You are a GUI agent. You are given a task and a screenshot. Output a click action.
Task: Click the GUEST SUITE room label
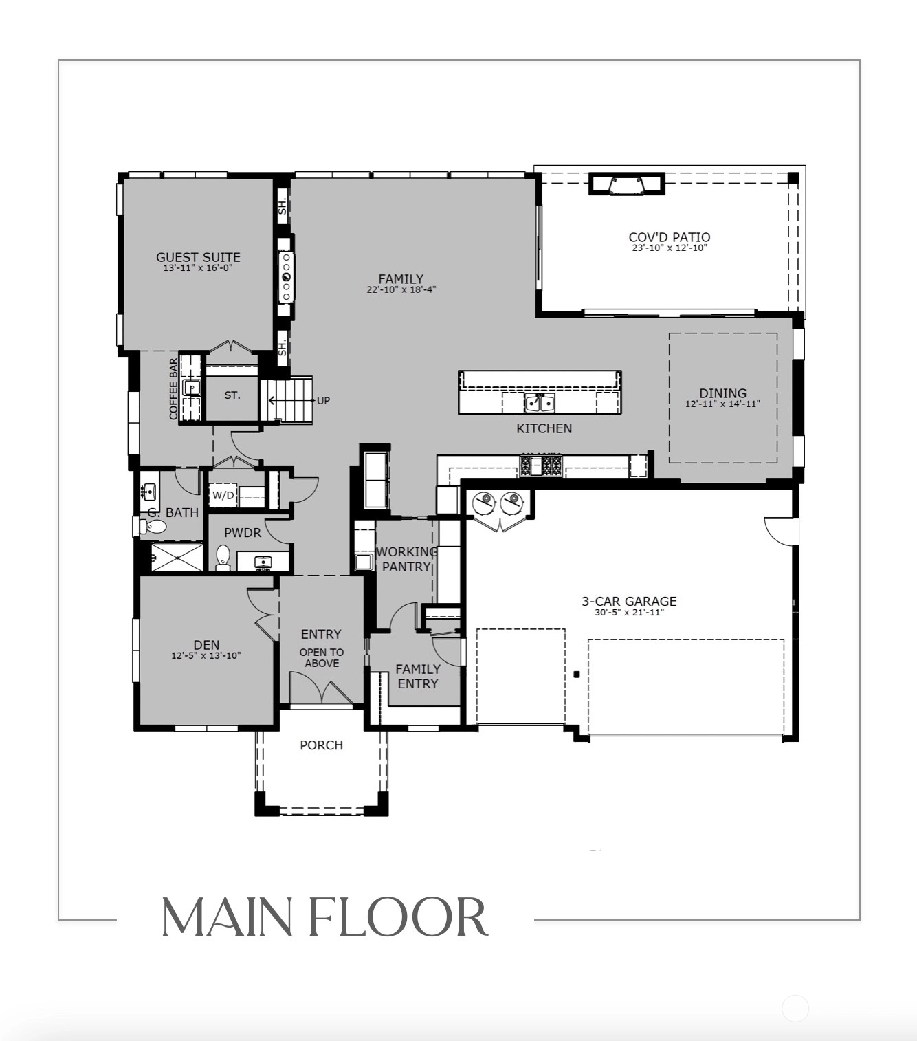tap(198, 257)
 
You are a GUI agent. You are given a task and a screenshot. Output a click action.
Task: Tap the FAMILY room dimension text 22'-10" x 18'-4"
tap(401, 289)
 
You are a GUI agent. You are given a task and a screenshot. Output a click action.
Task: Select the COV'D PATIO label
tap(670, 237)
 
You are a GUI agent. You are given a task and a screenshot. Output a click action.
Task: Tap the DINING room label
tap(723, 393)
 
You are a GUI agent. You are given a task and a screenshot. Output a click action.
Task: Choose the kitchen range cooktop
tap(541, 465)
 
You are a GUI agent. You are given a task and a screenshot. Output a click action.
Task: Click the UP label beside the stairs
tap(323, 400)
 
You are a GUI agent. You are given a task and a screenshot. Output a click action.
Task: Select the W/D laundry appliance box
tap(223, 495)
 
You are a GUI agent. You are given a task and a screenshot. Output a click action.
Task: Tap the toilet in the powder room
tap(223, 557)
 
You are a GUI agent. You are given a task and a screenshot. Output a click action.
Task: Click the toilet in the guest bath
tap(152, 525)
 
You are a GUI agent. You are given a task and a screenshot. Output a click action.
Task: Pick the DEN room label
tap(206, 644)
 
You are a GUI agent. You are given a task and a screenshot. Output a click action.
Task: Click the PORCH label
tap(322, 745)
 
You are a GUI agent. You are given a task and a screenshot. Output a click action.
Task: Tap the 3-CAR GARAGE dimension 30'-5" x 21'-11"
tap(629, 612)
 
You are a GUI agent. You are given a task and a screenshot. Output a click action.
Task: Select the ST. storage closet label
tap(232, 395)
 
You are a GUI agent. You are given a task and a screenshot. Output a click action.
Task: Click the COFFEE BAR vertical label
tap(174, 388)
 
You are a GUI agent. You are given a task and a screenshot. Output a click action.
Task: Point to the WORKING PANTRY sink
tap(363, 562)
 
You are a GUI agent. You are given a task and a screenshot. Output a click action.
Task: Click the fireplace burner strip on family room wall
tap(287, 277)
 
